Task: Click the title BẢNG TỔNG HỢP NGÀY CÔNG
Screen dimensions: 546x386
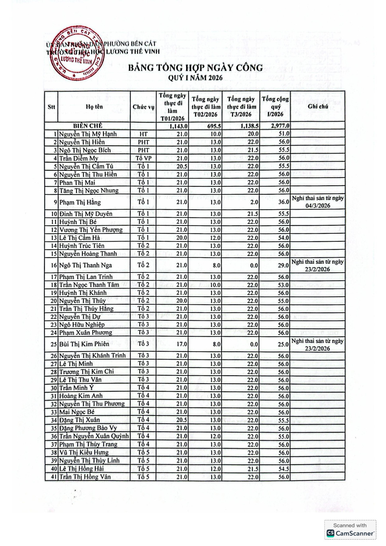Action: tap(195, 68)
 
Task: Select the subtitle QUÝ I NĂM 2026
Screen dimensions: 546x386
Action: tap(195, 78)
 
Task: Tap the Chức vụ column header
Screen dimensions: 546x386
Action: tap(143, 107)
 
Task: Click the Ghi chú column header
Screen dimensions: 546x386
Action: tap(318, 106)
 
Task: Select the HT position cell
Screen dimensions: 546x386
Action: tap(143, 134)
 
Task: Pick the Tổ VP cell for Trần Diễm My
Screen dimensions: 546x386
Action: tap(143, 158)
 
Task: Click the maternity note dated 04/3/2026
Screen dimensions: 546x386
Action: tap(318, 202)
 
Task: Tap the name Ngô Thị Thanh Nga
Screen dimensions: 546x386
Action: tap(86, 265)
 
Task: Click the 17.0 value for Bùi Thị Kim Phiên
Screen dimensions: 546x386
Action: tap(182, 344)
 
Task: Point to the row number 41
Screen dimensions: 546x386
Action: tap(54, 477)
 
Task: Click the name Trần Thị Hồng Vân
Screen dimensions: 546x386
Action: tap(85, 477)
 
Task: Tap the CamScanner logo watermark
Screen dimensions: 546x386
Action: tap(350, 533)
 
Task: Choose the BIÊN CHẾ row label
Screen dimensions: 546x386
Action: tap(88, 126)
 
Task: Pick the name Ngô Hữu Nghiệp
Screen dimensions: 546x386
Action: tap(82, 325)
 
